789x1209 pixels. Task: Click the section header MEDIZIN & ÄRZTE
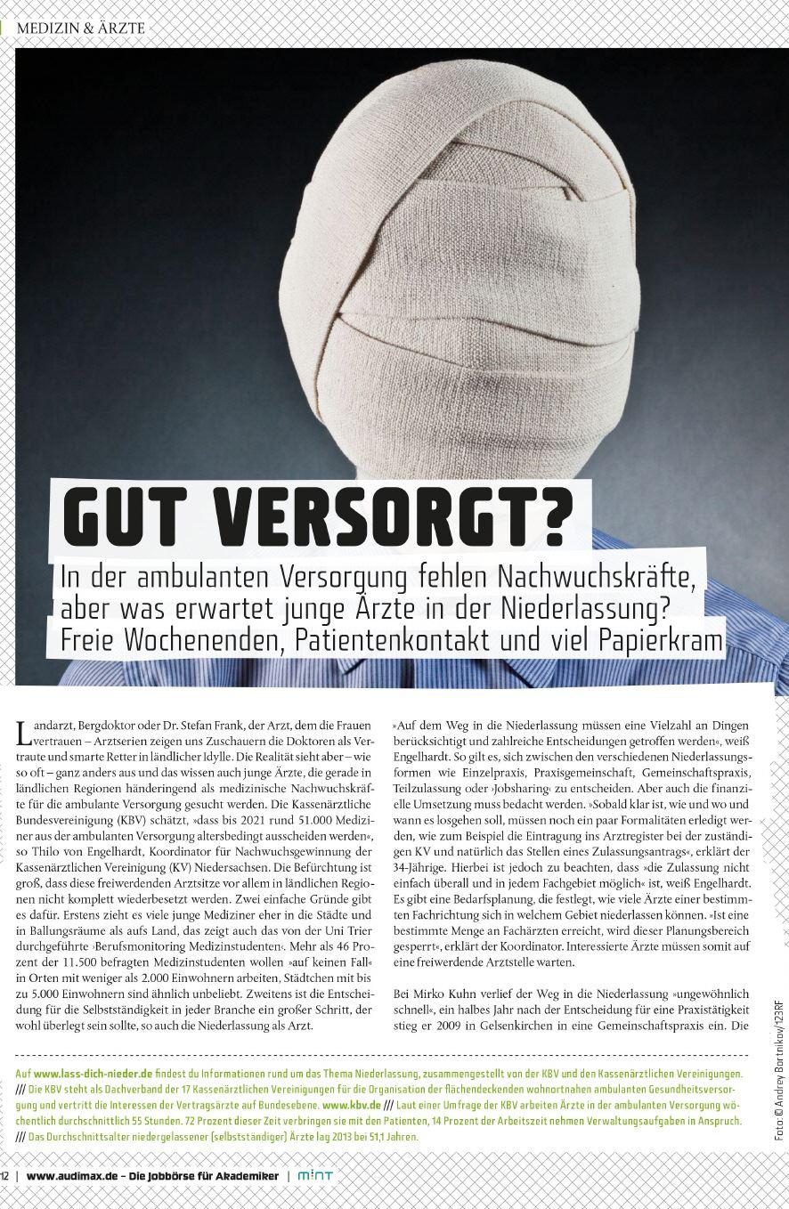click(80, 28)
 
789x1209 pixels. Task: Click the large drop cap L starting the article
click(23, 734)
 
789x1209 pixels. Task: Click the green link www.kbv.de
click(346, 1104)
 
